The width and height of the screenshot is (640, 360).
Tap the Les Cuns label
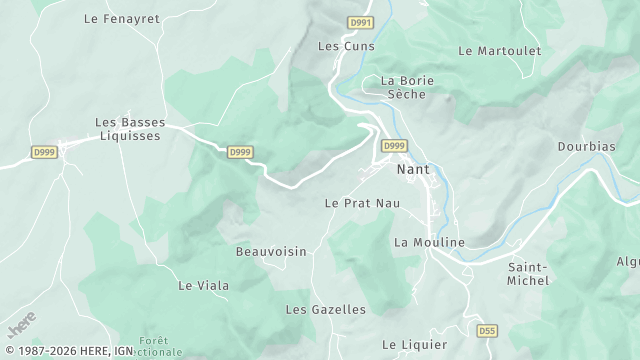tap(346, 46)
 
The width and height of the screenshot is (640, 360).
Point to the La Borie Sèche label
tap(403, 87)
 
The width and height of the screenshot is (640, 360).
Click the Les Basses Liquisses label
tap(129, 130)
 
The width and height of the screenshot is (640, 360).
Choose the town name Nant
tap(413, 169)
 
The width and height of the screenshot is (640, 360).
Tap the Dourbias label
tap(587, 146)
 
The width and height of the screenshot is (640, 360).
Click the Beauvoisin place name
tap(271, 251)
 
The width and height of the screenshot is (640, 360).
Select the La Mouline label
tap(429, 242)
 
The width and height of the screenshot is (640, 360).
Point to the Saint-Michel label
tap(528, 274)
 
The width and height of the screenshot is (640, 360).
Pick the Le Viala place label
tap(203, 285)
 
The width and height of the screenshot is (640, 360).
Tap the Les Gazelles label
tap(325, 310)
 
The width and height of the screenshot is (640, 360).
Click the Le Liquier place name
tap(414, 344)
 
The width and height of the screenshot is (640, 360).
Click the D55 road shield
tap(487, 330)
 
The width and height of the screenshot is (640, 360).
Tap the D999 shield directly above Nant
tap(394, 146)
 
